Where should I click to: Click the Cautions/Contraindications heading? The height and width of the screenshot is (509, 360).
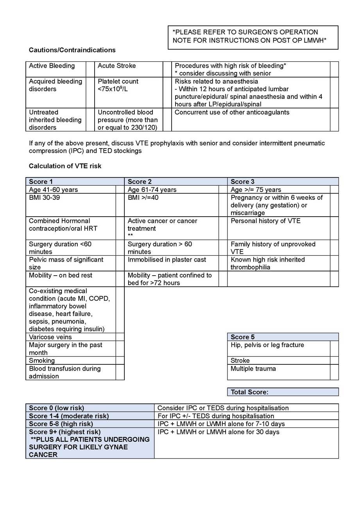(72, 50)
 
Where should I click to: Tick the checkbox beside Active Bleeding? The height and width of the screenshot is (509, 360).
(90, 69)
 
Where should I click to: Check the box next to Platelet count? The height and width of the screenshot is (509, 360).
(167, 92)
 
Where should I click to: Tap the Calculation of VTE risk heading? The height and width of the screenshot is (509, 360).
(65, 166)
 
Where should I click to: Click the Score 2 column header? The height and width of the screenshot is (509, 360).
(176, 181)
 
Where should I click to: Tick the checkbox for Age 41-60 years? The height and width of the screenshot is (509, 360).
(120, 190)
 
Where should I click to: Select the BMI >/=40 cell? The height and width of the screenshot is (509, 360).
(172, 205)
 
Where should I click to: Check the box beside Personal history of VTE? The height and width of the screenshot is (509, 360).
(334, 228)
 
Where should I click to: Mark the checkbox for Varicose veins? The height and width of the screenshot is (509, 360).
(120, 337)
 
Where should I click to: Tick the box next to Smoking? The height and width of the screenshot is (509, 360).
(120, 360)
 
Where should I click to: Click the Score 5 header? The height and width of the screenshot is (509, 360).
(283, 337)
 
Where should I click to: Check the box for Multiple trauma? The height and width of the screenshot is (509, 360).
(334, 372)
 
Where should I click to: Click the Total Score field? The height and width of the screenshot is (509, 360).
(283, 392)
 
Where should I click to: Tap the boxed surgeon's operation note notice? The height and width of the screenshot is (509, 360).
(253, 38)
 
